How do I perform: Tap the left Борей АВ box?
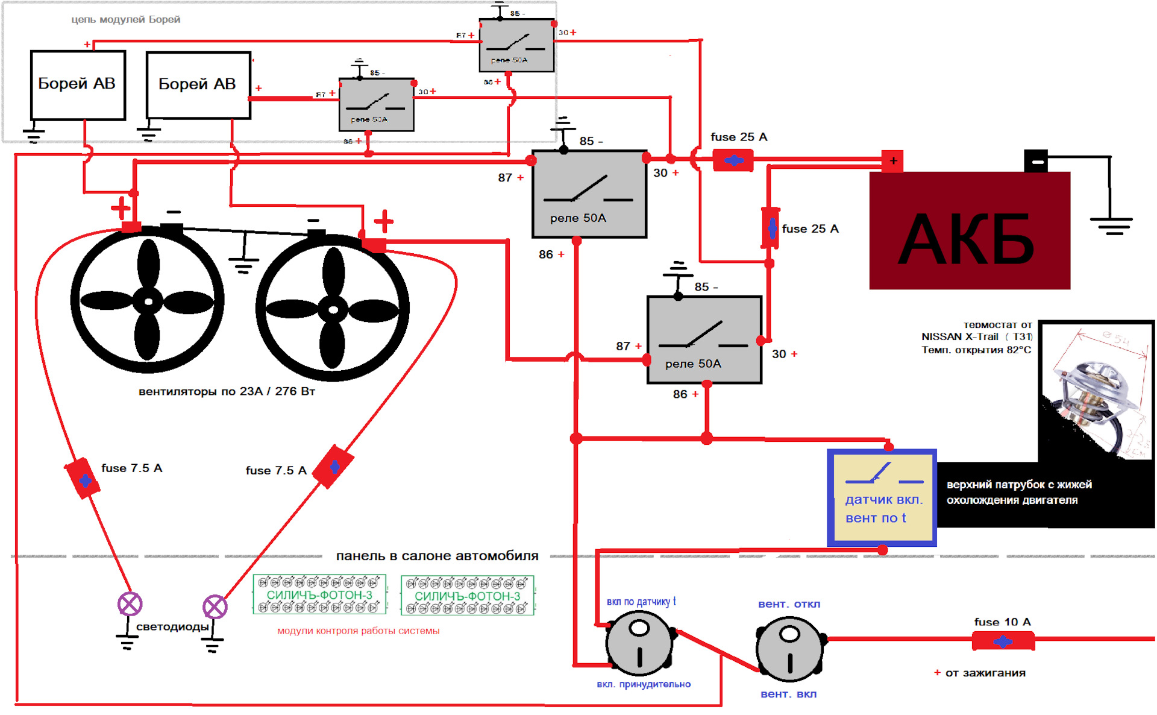78,85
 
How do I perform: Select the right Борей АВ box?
198,85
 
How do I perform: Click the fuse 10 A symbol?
1003,641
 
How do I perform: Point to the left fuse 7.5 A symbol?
83,479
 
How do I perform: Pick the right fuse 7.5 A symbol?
333,467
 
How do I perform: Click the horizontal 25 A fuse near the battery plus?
733,160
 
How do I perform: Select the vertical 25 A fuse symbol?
771,228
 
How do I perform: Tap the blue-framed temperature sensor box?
882,497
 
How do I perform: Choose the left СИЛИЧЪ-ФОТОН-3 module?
319,594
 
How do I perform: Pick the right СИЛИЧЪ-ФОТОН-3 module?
468,596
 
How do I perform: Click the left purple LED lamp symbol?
130,603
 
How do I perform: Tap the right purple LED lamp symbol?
215,606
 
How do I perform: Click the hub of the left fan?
148,301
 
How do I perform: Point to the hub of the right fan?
333,310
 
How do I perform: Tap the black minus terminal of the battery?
1036,162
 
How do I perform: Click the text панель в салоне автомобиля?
437,556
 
